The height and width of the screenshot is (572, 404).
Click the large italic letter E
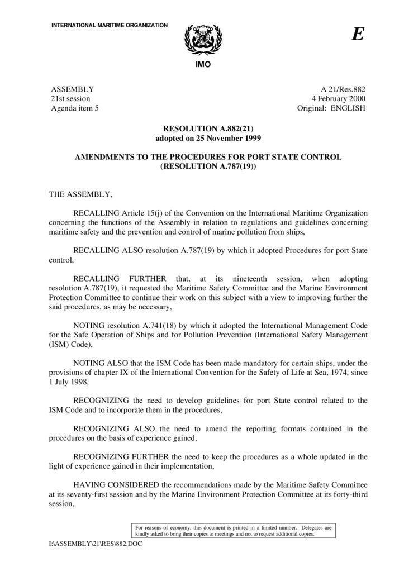pos(358,35)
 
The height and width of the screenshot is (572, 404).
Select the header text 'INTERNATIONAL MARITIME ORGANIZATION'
pos(110,26)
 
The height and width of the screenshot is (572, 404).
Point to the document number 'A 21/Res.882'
pos(343,89)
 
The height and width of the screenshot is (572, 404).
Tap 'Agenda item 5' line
pos(75,108)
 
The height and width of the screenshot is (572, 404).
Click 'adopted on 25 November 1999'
pos(202,137)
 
